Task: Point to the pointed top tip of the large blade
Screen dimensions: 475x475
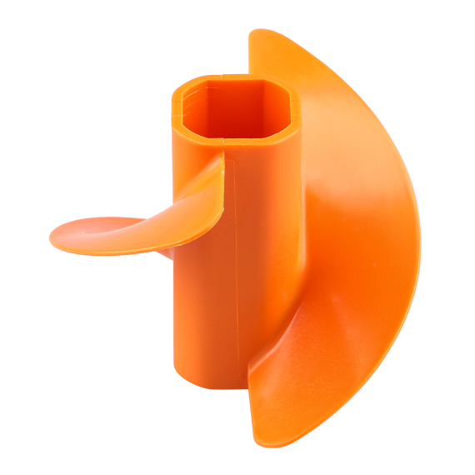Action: click(254, 35)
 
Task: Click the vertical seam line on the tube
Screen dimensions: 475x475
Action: click(235, 250)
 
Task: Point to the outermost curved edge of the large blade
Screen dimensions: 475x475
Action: click(413, 250)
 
